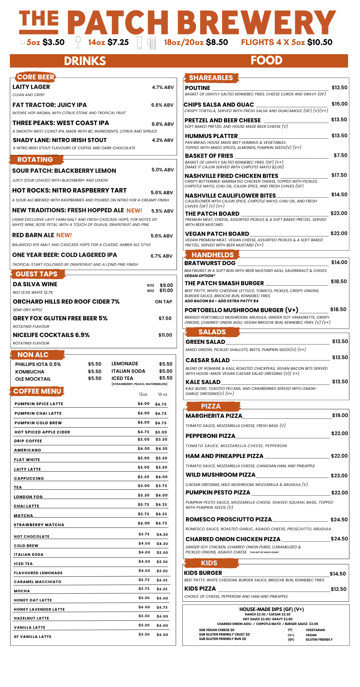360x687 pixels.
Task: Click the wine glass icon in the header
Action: (78, 42)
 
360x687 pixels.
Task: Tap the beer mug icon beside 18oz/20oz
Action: (151, 43)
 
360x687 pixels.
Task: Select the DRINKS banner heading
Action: (85, 61)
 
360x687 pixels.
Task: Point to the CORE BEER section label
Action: (35, 77)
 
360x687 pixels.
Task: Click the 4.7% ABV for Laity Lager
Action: (163, 87)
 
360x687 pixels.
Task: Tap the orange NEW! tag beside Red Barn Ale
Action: (64, 235)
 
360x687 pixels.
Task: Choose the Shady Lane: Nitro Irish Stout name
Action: (60, 140)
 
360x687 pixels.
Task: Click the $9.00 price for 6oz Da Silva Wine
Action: (166, 285)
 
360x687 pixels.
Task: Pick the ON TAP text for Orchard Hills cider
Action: (164, 302)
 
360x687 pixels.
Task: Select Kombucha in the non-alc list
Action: (30, 372)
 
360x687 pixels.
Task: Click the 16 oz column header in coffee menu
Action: (163, 394)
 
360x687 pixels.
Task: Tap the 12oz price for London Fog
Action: (144, 495)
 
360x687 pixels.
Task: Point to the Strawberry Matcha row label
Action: (39, 525)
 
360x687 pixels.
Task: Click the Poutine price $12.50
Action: (340, 88)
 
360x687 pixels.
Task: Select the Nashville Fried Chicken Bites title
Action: (231, 176)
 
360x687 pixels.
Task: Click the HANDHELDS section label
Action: (212, 255)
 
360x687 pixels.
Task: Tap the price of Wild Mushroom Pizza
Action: (339, 476)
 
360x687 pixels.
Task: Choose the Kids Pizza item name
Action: (200, 589)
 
